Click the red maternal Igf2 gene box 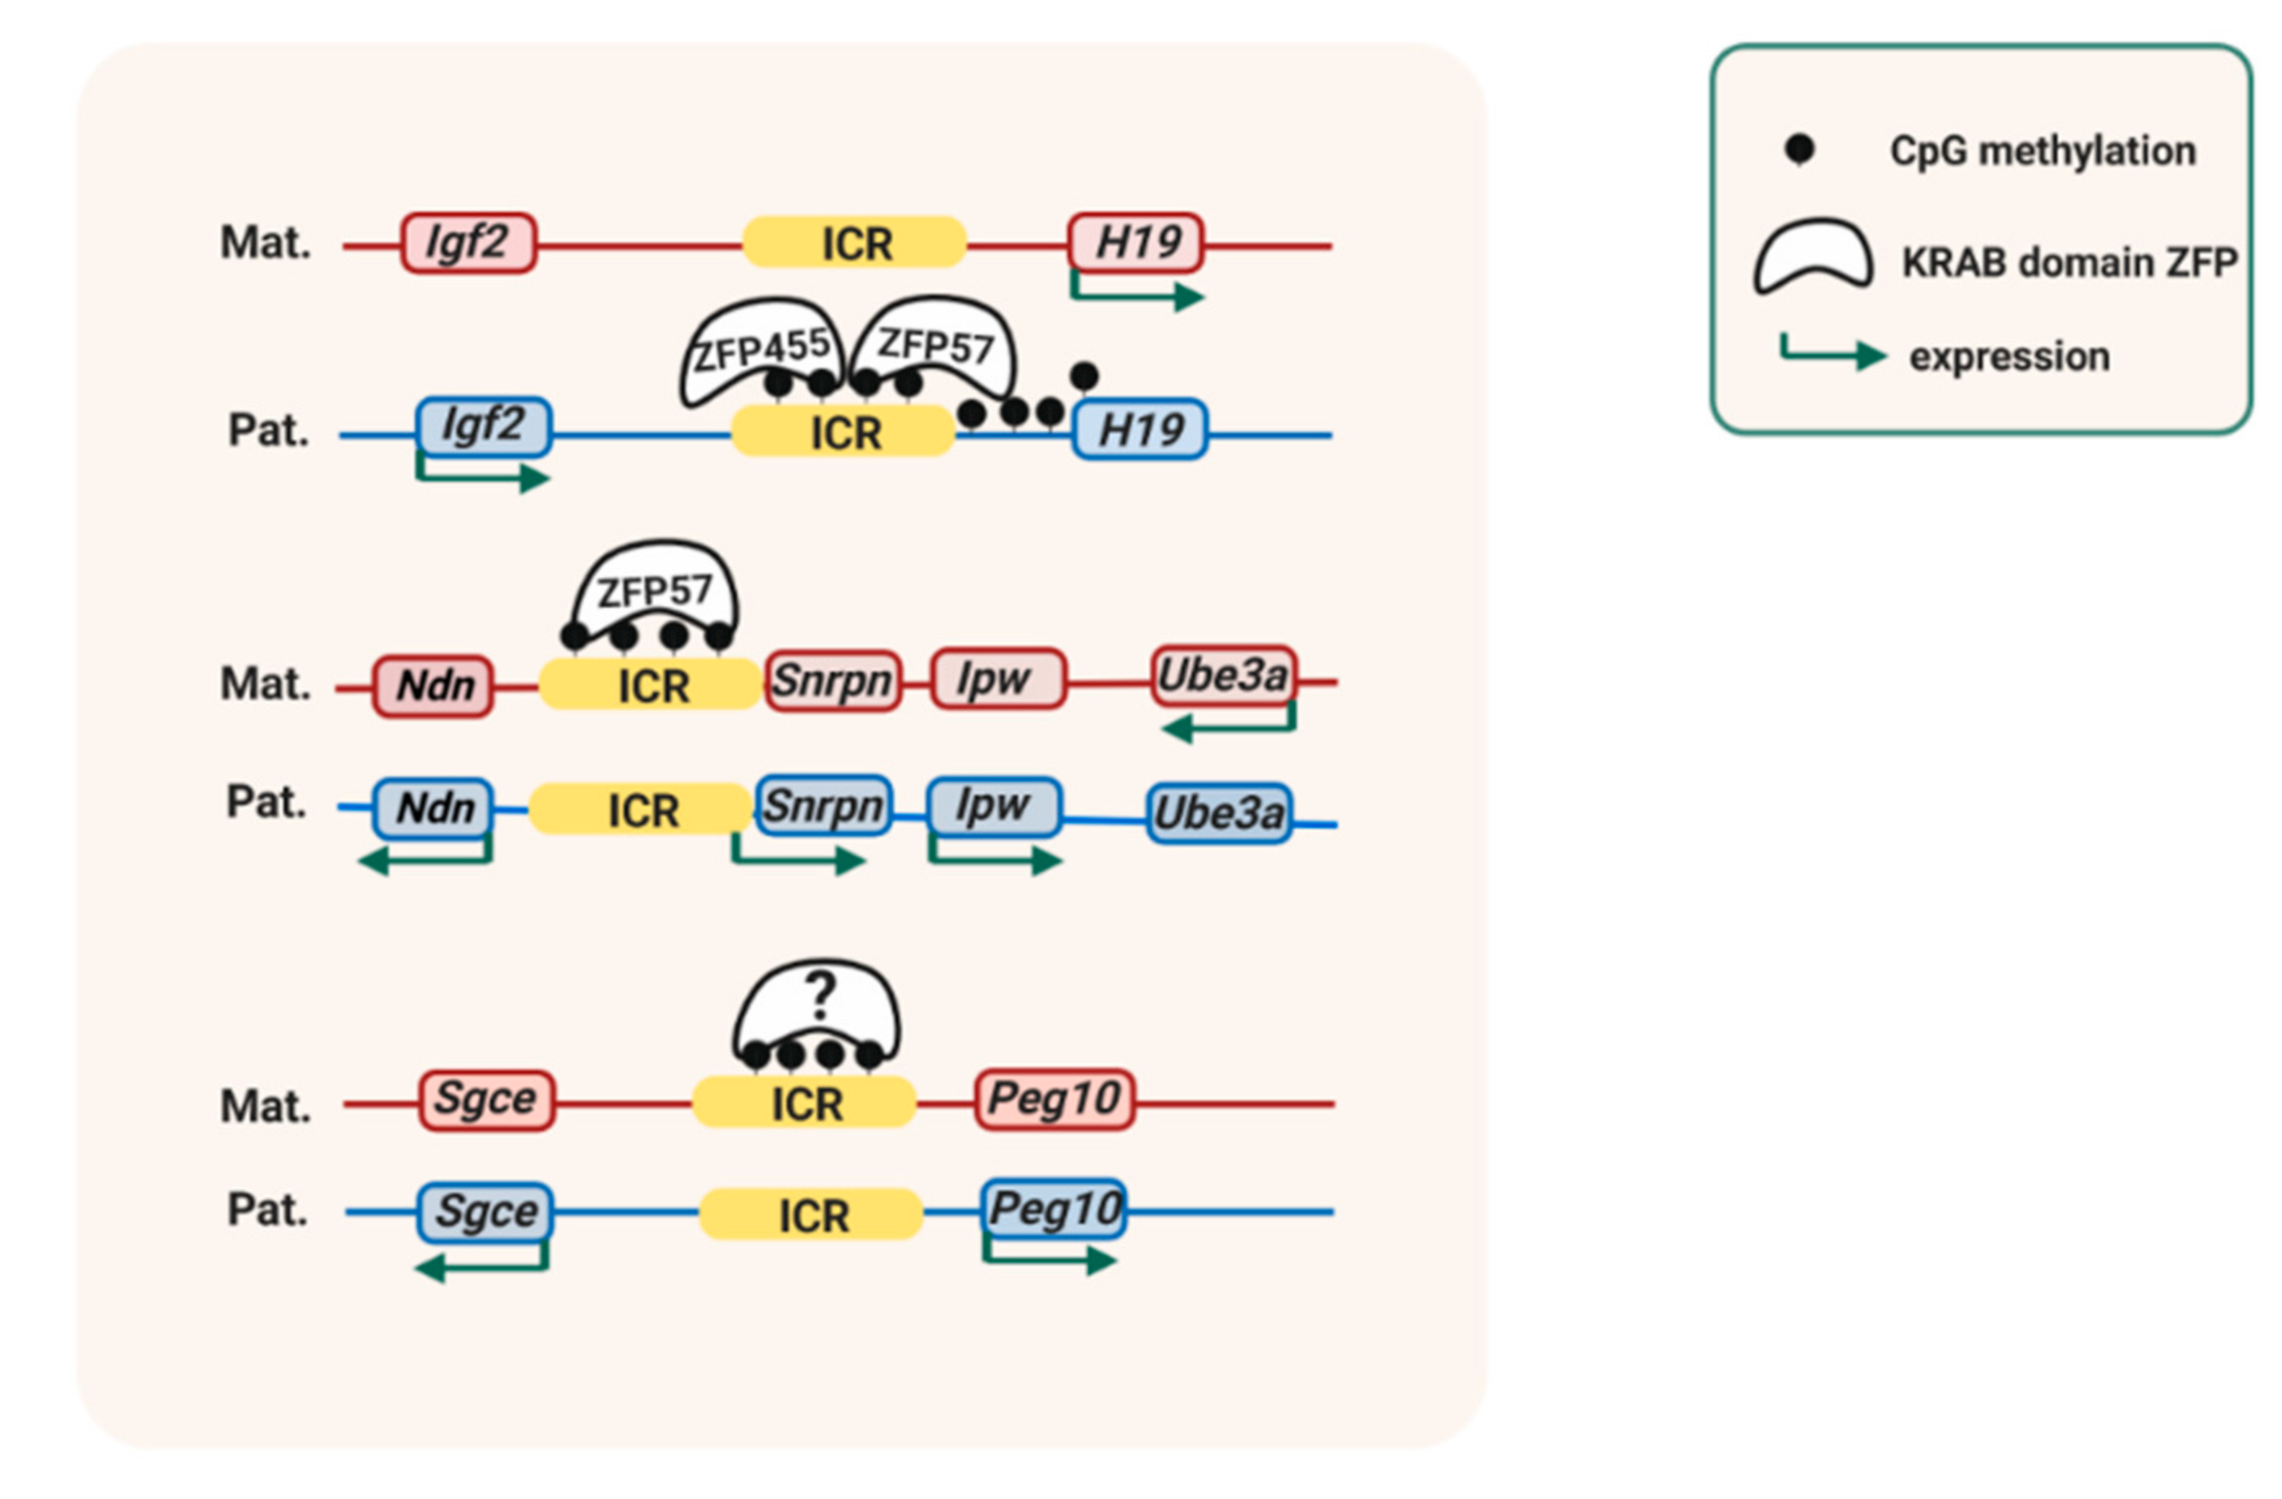click(x=468, y=243)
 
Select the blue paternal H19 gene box click(x=1139, y=429)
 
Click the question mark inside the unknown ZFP click(x=820, y=996)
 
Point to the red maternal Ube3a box click(x=1222, y=676)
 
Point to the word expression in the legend click(x=2008, y=356)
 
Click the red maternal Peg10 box click(x=1055, y=1099)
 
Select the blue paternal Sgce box click(x=485, y=1211)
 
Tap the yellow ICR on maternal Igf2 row click(x=855, y=243)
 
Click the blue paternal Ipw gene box click(x=993, y=806)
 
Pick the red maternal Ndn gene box click(x=434, y=686)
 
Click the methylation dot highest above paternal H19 click(x=1084, y=376)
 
